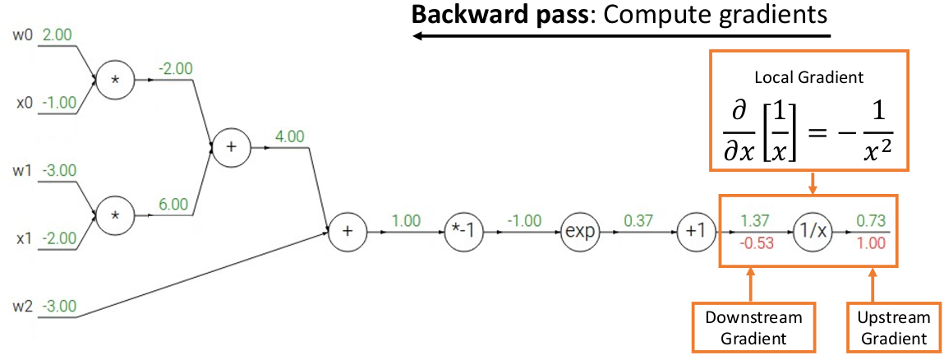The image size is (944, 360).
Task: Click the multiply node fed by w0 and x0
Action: point(115,81)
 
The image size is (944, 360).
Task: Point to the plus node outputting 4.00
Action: point(231,147)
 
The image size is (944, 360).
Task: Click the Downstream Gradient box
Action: point(748,326)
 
